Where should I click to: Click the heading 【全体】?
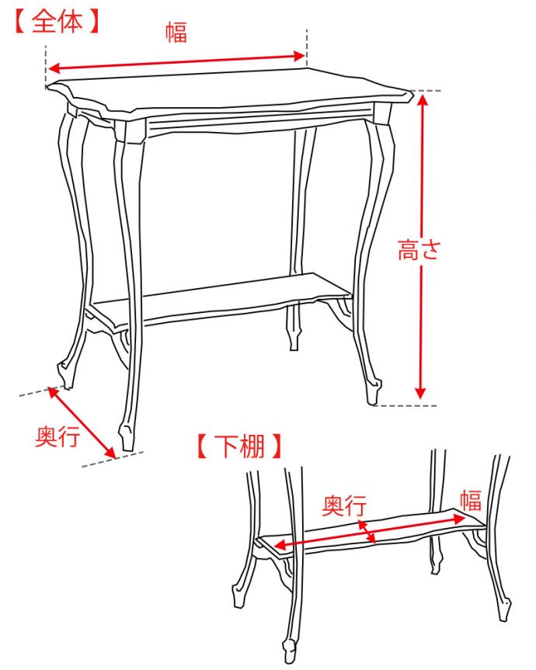point(57,22)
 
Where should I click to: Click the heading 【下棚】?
point(239,446)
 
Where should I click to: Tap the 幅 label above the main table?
point(176,33)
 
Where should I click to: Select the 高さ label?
point(419,250)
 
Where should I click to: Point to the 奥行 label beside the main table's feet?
point(57,436)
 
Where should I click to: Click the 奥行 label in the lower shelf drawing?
point(344,505)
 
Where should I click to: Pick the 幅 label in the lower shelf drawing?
point(471,501)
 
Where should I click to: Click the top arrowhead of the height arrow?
point(423,99)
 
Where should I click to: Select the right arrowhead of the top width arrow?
point(300,56)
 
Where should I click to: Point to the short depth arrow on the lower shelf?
point(367,532)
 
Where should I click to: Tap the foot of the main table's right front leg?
point(374,392)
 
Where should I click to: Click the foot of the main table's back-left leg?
point(65,376)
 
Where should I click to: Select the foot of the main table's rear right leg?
point(294,340)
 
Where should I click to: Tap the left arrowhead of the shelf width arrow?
point(280,544)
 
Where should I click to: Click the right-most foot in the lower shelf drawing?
point(505,609)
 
